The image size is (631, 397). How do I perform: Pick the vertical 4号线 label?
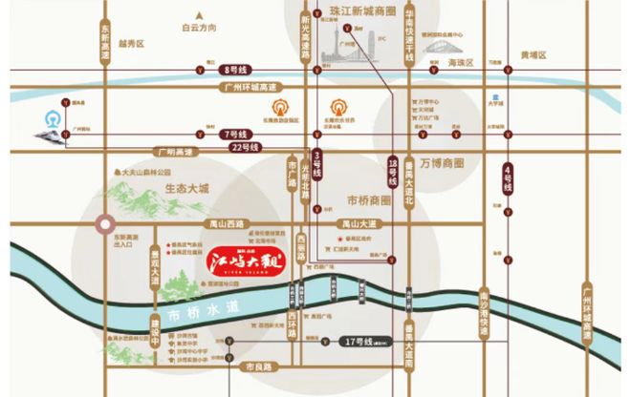pos(507,176)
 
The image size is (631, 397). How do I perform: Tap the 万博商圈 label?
pos(441,162)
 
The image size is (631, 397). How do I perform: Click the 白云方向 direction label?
pos(199,29)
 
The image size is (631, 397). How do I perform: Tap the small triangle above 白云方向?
pos(199,12)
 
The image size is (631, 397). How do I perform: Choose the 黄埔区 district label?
pos(533,55)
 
